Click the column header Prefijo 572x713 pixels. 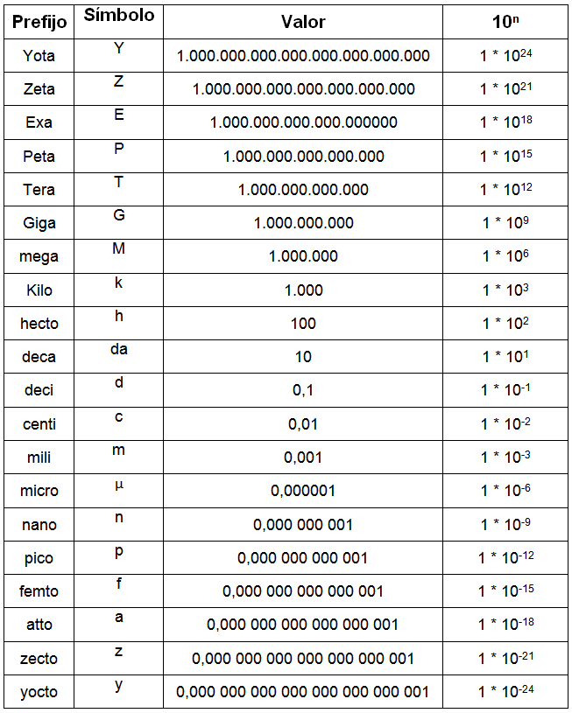39,21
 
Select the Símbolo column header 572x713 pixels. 118,16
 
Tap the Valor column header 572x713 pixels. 303,21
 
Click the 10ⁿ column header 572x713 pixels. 505,21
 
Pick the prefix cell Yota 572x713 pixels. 39,56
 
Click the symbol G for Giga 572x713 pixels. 119,215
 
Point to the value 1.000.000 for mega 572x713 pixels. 303,256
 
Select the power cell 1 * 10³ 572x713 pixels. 505,290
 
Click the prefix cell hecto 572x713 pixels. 39,324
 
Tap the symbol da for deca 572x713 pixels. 119,349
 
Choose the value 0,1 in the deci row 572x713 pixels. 303,390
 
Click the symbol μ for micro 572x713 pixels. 119,484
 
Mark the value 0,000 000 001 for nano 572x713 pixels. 303,524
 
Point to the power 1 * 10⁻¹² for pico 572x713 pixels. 505,557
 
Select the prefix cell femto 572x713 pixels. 39,591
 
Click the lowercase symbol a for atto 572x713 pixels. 119,618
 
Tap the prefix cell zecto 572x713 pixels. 39,658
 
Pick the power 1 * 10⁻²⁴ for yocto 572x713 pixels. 505,691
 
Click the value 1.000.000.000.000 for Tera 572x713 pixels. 303,189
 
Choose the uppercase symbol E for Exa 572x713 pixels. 119,115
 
